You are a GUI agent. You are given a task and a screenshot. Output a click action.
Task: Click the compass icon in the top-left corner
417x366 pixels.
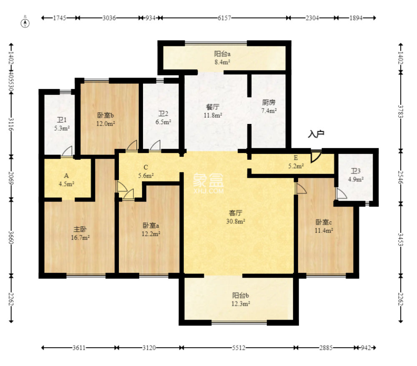pyautogui.click(x=25, y=23)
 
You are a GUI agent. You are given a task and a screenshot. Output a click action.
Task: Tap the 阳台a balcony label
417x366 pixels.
pyautogui.click(x=223, y=54)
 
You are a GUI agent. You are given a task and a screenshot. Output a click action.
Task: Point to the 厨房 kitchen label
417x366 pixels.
pyautogui.click(x=269, y=102)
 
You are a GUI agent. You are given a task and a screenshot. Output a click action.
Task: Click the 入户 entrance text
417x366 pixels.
pyautogui.click(x=316, y=134)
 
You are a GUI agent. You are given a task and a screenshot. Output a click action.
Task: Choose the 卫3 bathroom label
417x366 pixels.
pyautogui.click(x=355, y=171)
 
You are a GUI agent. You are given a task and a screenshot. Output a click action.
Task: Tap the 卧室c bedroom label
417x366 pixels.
pyautogui.click(x=324, y=222)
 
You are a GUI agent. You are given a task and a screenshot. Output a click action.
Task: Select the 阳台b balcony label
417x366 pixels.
pyautogui.click(x=241, y=295)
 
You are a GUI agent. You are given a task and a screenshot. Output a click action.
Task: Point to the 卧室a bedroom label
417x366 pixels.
pyautogui.click(x=151, y=225)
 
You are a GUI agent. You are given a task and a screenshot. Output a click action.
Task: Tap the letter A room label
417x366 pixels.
pyautogui.click(x=66, y=176)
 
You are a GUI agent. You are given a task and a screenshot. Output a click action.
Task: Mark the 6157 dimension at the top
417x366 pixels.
pyautogui.click(x=223, y=18)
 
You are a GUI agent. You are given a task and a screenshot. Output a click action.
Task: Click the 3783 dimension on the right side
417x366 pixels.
pyautogui.click(x=401, y=111)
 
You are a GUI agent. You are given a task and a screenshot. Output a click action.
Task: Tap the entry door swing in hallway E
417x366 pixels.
pyautogui.click(x=316, y=156)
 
